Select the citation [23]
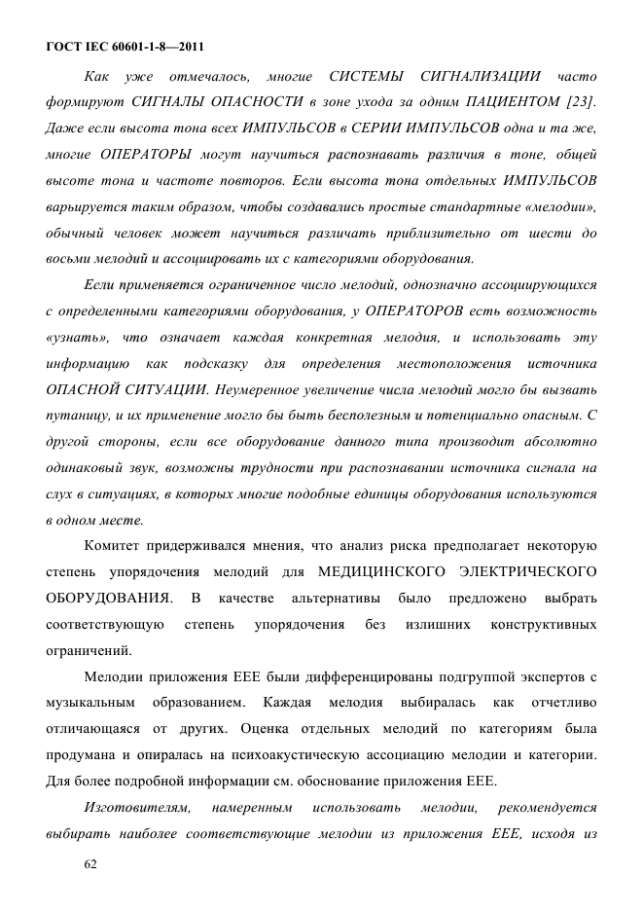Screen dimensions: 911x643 tap(581, 101)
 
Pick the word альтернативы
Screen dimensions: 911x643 tap(338, 597)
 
